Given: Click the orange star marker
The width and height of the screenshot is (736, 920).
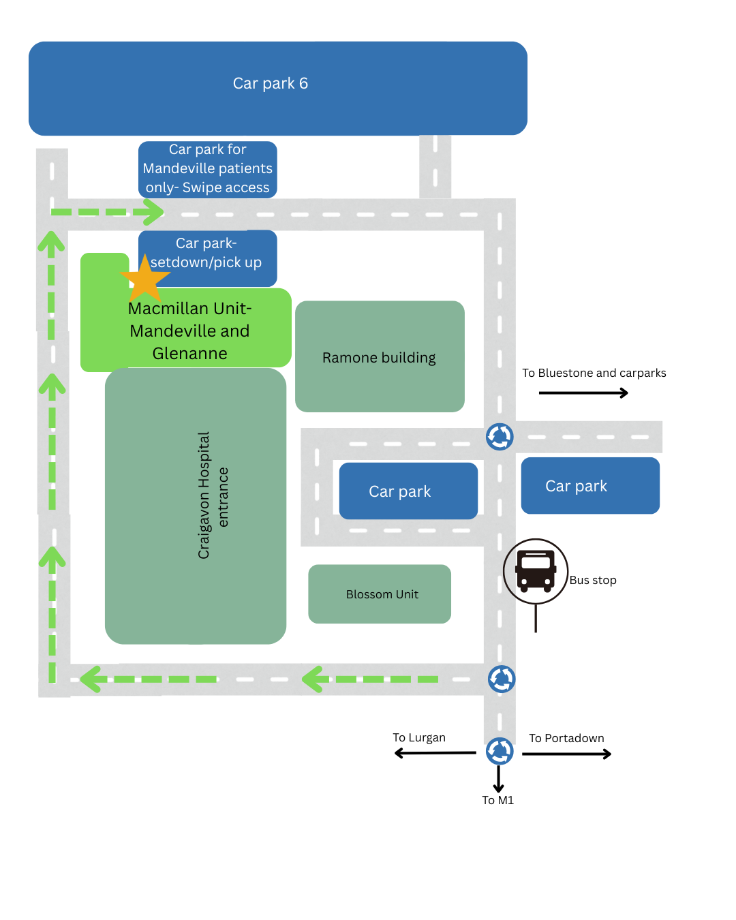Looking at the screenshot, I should (x=144, y=279).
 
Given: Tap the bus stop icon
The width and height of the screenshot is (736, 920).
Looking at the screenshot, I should (x=536, y=571).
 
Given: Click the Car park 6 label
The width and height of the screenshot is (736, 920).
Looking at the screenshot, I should (x=271, y=84).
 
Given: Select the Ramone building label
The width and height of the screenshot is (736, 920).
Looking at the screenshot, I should (x=379, y=358).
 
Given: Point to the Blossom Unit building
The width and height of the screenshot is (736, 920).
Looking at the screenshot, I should (x=380, y=594).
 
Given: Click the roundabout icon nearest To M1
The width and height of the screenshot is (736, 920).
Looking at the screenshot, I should (x=500, y=751).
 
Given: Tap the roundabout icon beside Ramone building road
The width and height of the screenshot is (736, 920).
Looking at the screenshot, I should (x=500, y=437).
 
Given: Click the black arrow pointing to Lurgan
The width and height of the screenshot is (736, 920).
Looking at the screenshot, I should (x=435, y=753).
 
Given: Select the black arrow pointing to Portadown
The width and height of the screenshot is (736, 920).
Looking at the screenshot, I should (x=567, y=754).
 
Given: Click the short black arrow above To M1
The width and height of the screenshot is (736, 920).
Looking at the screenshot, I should (x=499, y=779).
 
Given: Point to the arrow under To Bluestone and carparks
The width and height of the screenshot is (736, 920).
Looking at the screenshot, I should (x=583, y=393).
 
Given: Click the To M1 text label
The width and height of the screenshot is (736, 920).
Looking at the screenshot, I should (x=498, y=800).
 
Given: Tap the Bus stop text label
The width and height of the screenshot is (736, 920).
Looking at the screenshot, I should (x=593, y=581).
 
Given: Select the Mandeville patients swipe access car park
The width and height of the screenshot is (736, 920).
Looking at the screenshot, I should (x=208, y=169).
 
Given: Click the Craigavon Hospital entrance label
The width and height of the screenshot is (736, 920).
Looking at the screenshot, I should (x=213, y=496).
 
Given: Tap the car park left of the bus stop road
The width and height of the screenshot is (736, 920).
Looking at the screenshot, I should (x=408, y=491).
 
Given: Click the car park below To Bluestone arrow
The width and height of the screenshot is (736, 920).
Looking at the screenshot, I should (x=590, y=485).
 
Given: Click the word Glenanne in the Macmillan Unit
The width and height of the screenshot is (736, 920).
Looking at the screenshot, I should (x=190, y=354).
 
